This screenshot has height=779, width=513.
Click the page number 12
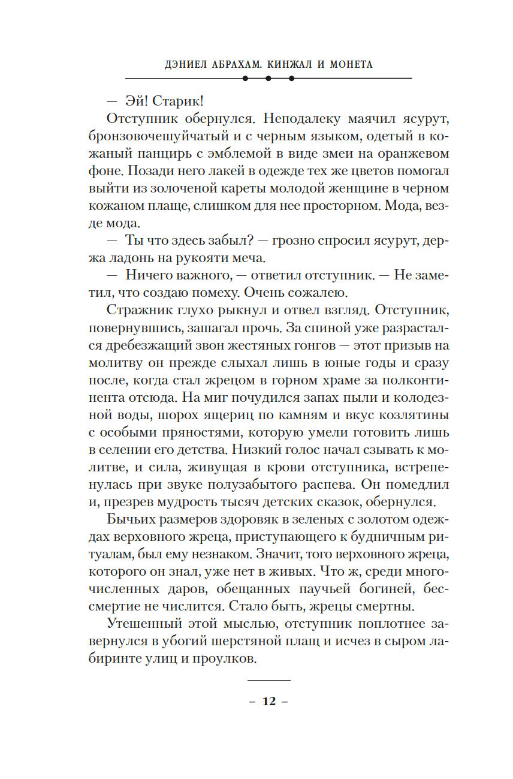click(x=268, y=702)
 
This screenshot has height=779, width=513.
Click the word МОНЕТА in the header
click(x=349, y=64)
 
